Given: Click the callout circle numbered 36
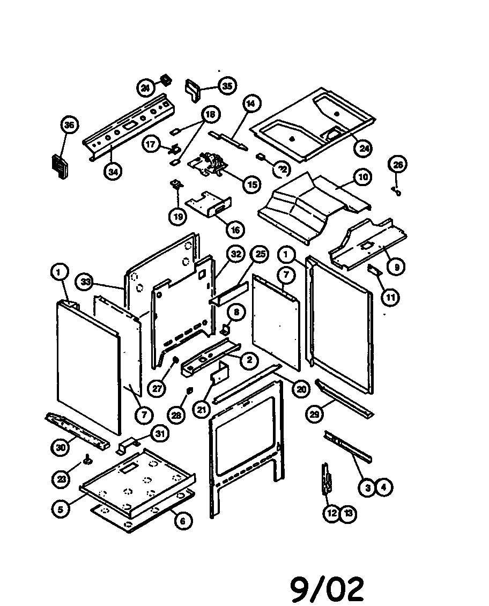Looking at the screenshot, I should [x=69, y=126].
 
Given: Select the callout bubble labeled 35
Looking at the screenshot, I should [x=227, y=86].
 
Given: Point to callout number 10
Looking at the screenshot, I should [x=363, y=177].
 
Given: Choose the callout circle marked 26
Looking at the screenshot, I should [x=398, y=165].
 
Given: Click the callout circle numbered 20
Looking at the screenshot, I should [x=300, y=389].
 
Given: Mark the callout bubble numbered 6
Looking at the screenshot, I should [x=183, y=520].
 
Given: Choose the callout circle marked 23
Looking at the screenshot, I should [x=63, y=479].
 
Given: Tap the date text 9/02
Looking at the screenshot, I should [x=328, y=589].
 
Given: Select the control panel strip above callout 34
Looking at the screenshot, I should [x=129, y=126].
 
